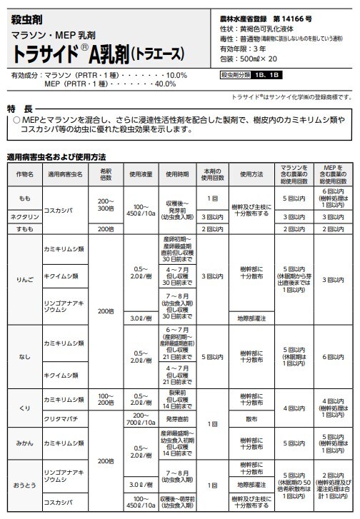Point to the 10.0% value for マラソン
tap(175, 74)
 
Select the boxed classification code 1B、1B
tap(270, 75)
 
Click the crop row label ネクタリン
tap(24, 216)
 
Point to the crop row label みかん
tap(24, 443)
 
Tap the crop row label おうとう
tap(24, 486)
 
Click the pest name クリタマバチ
tap(61, 418)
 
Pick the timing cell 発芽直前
tap(177, 418)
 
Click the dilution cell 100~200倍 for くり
tap(106, 398)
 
